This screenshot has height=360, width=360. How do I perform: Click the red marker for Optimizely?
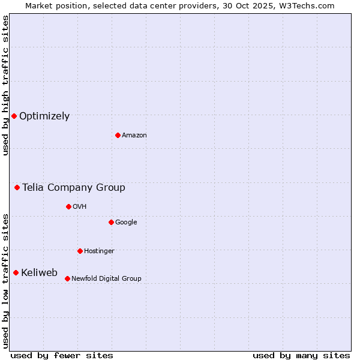14,116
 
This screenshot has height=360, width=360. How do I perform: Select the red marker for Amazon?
118,135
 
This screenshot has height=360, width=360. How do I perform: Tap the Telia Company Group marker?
17,188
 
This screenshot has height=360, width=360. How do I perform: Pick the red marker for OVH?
68,206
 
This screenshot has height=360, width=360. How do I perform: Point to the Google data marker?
111,222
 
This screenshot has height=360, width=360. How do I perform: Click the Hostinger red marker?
80,251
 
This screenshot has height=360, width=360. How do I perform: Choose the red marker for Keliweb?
16,273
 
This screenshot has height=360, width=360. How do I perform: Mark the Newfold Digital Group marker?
67,278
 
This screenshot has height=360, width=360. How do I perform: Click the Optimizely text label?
44,116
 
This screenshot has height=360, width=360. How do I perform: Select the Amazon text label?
134,136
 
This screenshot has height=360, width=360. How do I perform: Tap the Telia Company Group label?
74,188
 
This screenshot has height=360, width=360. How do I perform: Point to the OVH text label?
80,207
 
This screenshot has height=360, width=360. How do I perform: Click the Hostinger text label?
99,251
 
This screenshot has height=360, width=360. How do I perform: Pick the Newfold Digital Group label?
106,279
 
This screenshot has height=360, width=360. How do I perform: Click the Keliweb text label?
39,273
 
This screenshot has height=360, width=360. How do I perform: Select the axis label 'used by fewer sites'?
62,355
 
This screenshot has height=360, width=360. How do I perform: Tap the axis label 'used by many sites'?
301,355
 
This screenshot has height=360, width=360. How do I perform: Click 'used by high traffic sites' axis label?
5,85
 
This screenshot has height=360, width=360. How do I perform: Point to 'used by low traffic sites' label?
5,280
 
